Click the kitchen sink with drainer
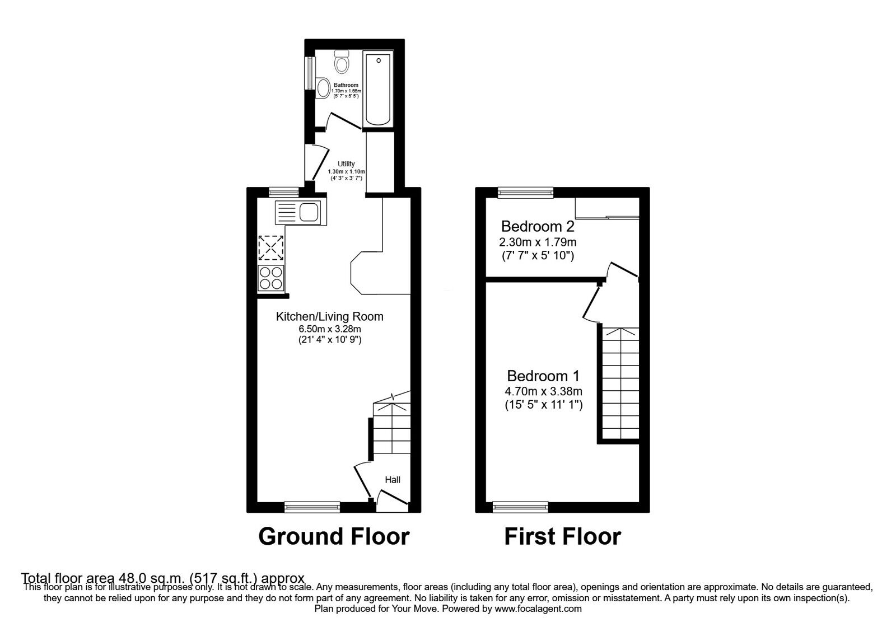coord(297,213)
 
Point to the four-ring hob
coord(270,278)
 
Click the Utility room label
coord(346,164)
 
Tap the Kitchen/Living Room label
coord(329,316)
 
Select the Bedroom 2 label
coord(538,227)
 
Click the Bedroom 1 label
coord(543,376)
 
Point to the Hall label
coord(393,480)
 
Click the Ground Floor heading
coord(334,536)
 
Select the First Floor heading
coord(562,536)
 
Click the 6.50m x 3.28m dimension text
coord(329,329)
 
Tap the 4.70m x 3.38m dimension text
coord(543,391)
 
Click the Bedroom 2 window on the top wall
coord(525,193)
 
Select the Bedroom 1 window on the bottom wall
coord(520,507)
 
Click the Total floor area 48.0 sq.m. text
coord(162,578)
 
